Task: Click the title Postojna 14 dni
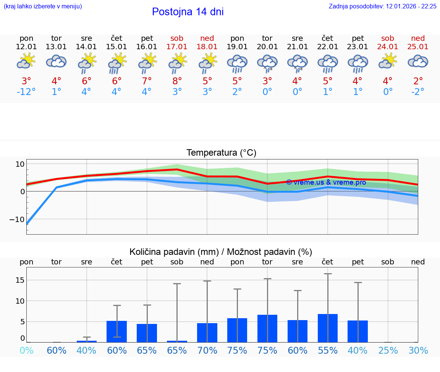[188, 12]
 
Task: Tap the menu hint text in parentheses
[43, 6]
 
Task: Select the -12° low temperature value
[26, 92]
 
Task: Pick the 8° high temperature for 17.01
[177, 81]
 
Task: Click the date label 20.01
[267, 47]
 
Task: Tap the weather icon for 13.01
[57, 62]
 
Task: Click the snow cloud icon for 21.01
[298, 63]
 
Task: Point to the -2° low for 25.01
[418, 92]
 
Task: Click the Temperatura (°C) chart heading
[222, 153]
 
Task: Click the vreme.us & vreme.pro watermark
[326, 182]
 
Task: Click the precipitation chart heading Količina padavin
[221, 252]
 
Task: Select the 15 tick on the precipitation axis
[20, 280]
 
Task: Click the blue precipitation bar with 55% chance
[328, 328]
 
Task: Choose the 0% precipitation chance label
[26, 351]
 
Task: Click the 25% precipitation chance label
[388, 351]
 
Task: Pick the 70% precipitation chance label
[207, 351]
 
